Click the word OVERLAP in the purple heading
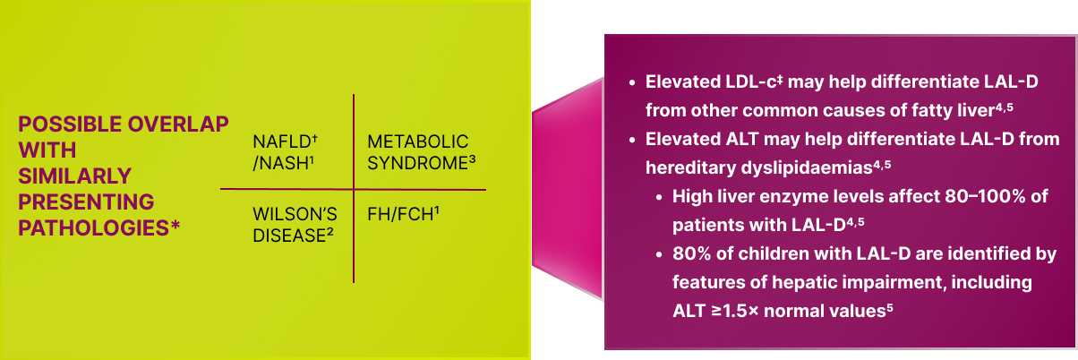click(178, 124)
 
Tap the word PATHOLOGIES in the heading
click(94, 228)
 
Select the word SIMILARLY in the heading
click(74, 176)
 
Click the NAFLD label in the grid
click(282, 142)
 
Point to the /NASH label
click(280, 164)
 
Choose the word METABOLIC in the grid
click(418, 142)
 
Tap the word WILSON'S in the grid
click(295, 214)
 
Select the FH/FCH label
click(400, 215)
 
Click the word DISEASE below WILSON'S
click(290, 236)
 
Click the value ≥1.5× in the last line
click(735, 311)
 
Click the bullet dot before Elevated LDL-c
click(632, 82)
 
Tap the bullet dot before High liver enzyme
click(659, 197)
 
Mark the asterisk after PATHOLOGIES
click(175, 225)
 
